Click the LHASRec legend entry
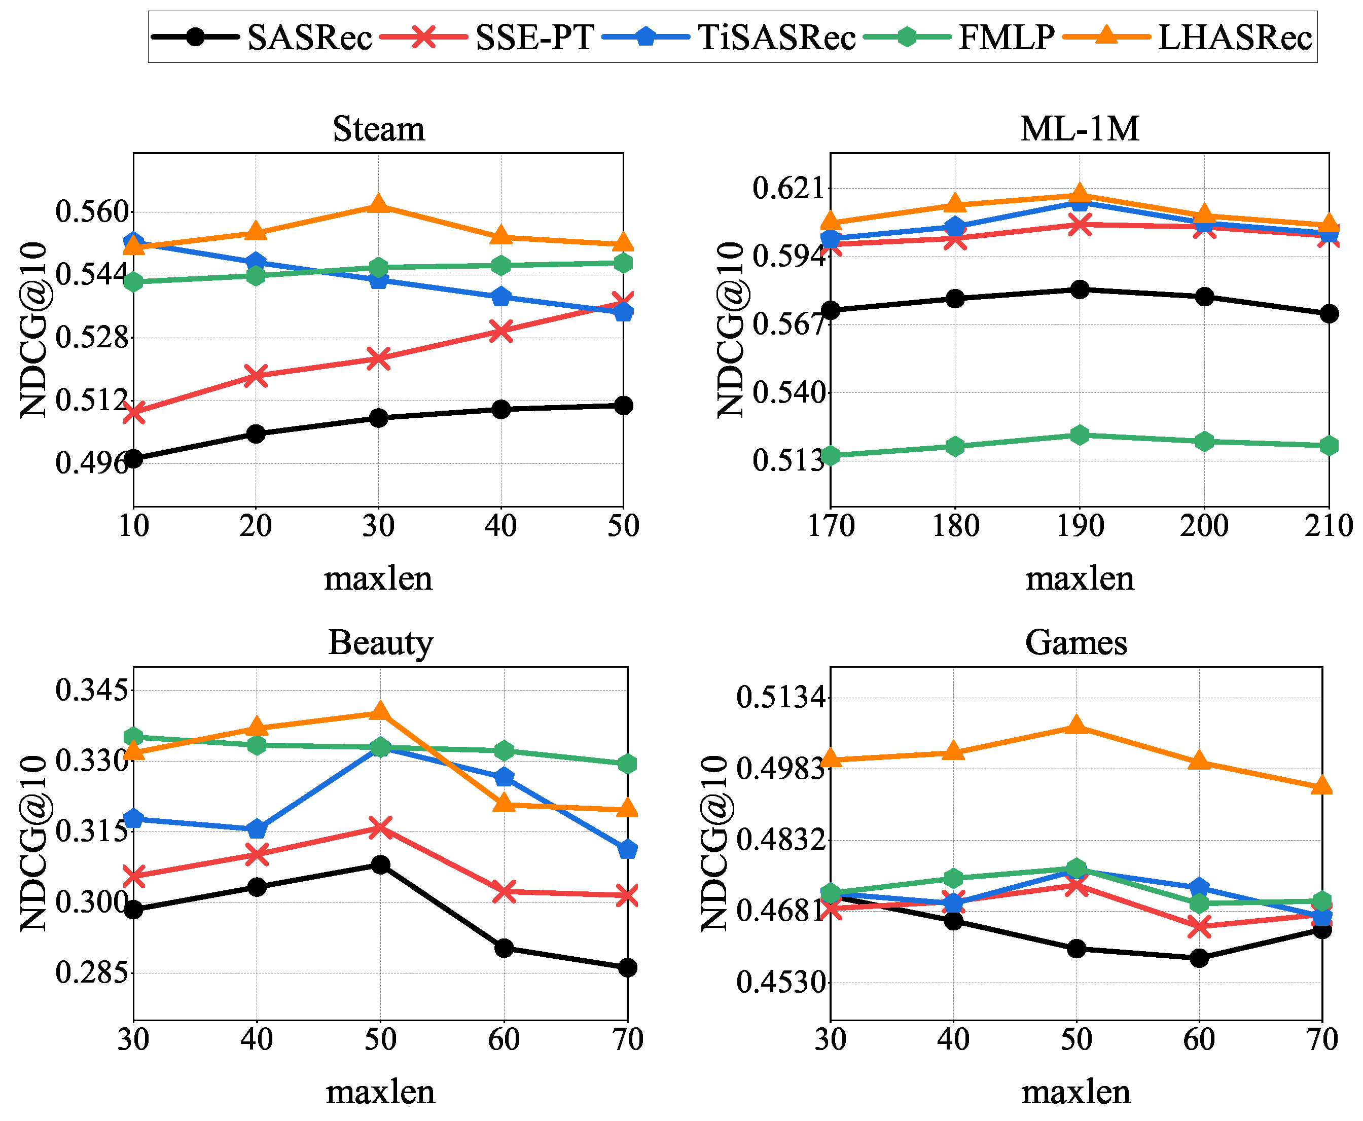point(1187,37)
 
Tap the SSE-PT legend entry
point(487,37)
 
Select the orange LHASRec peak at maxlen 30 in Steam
point(378,205)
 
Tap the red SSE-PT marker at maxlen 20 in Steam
point(256,376)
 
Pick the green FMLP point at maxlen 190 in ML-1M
point(1079,435)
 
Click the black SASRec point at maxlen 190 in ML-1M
point(1079,290)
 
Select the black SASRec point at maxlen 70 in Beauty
point(627,967)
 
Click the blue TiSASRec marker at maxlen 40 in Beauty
point(257,828)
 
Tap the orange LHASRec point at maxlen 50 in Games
point(1075,725)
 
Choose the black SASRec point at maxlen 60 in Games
point(1199,958)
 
